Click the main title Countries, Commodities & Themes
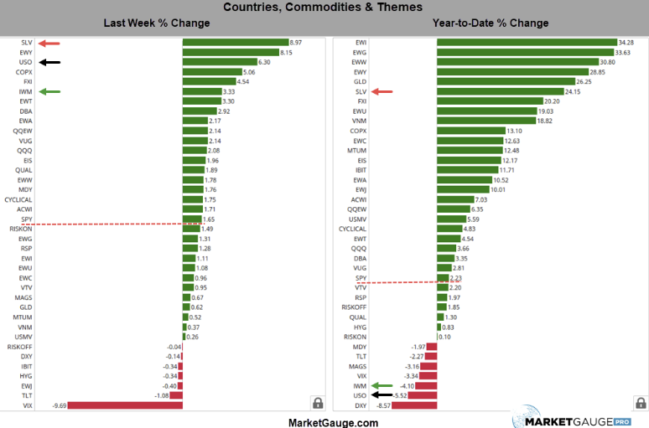[x=324, y=8]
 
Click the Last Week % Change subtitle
[x=157, y=23]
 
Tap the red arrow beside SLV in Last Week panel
[x=49, y=42]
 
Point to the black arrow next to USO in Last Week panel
[x=49, y=62]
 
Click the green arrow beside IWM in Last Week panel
[x=49, y=92]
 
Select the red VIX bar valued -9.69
[x=124, y=405]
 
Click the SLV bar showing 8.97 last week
[x=235, y=42]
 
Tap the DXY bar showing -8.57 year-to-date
[x=414, y=405]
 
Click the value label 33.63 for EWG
[x=626, y=52]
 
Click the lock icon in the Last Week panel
[x=318, y=403]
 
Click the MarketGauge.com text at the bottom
[x=333, y=422]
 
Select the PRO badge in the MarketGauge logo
[x=621, y=420]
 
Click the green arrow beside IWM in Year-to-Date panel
[x=383, y=385]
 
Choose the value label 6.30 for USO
[x=264, y=62]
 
